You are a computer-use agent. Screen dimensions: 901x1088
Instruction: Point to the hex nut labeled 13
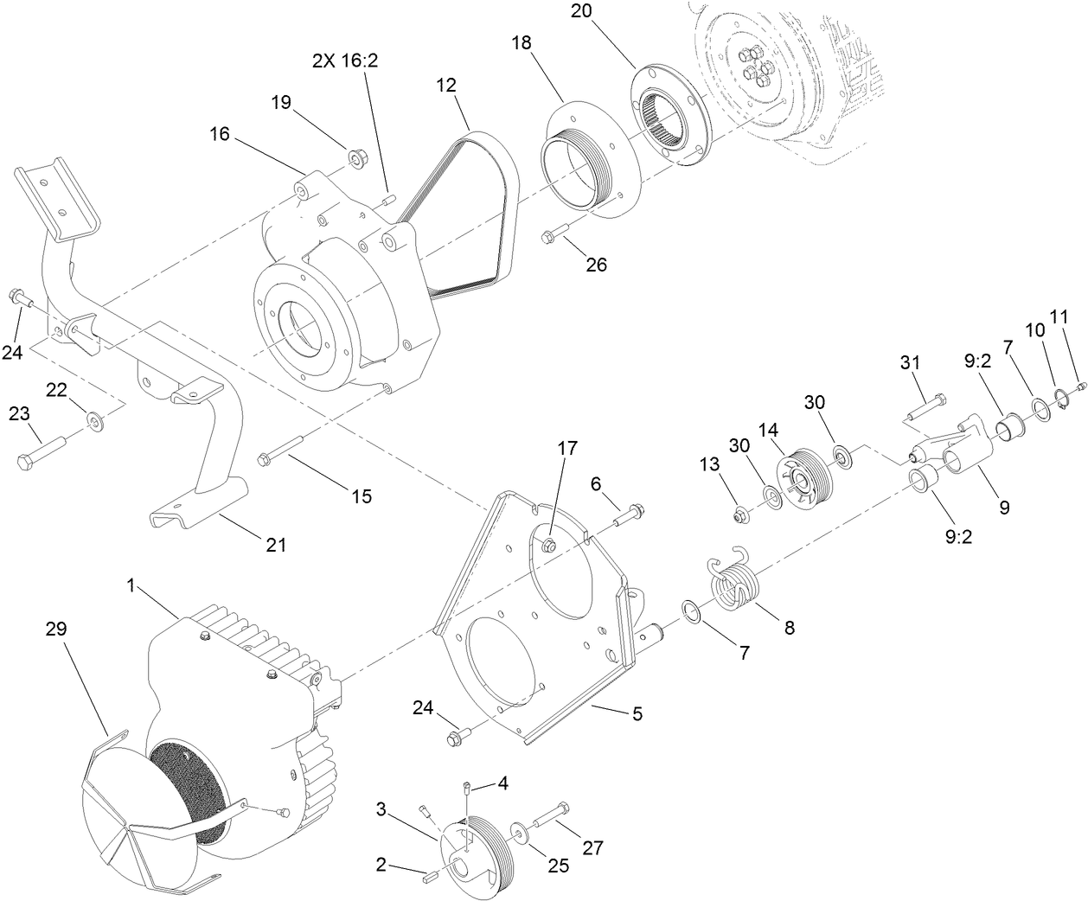pyautogui.click(x=739, y=516)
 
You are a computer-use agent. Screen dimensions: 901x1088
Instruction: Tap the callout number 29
pyautogui.click(x=56, y=629)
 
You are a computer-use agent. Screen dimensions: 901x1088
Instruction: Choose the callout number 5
pyautogui.click(x=637, y=714)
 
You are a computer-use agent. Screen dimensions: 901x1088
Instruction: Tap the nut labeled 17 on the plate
pyautogui.click(x=547, y=545)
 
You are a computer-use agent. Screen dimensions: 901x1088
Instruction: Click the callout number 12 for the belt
pyautogui.click(x=446, y=86)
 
